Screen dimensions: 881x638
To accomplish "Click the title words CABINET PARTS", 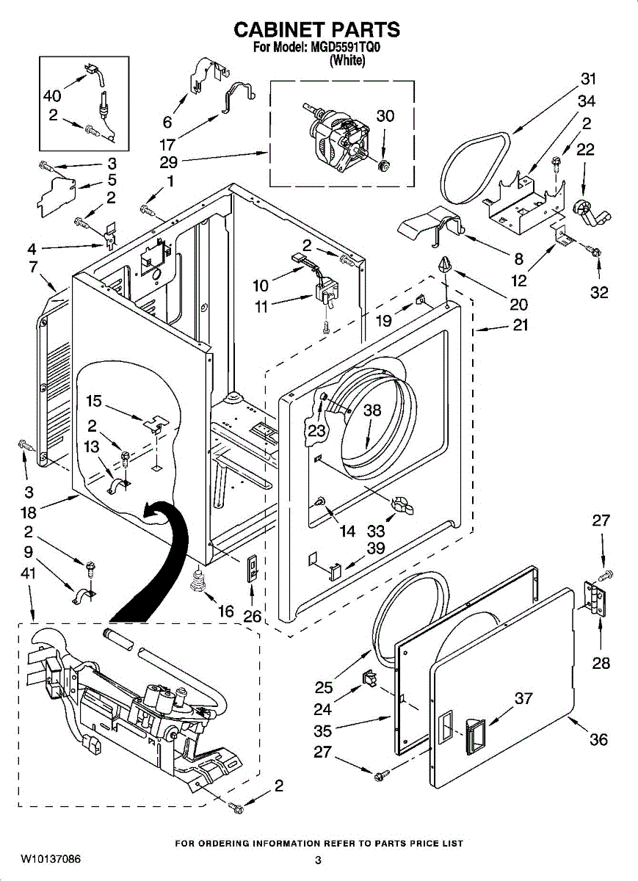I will pyautogui.click(x=316, y=29).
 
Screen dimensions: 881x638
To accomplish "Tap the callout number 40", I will pyautogui.click(x=52, y=95).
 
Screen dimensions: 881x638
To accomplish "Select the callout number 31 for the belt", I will pyautogui.click(x=588, y=79).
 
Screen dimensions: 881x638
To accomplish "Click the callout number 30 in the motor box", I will pyautogui.click(x=385, y=115).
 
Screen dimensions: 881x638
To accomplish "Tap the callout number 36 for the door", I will pyautogui.click(x=598, y=739).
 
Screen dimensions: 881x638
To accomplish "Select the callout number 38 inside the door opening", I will pyautogui.click(x=373, y=410).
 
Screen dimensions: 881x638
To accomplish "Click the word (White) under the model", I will pyautogui.click(x=347, y=61).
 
